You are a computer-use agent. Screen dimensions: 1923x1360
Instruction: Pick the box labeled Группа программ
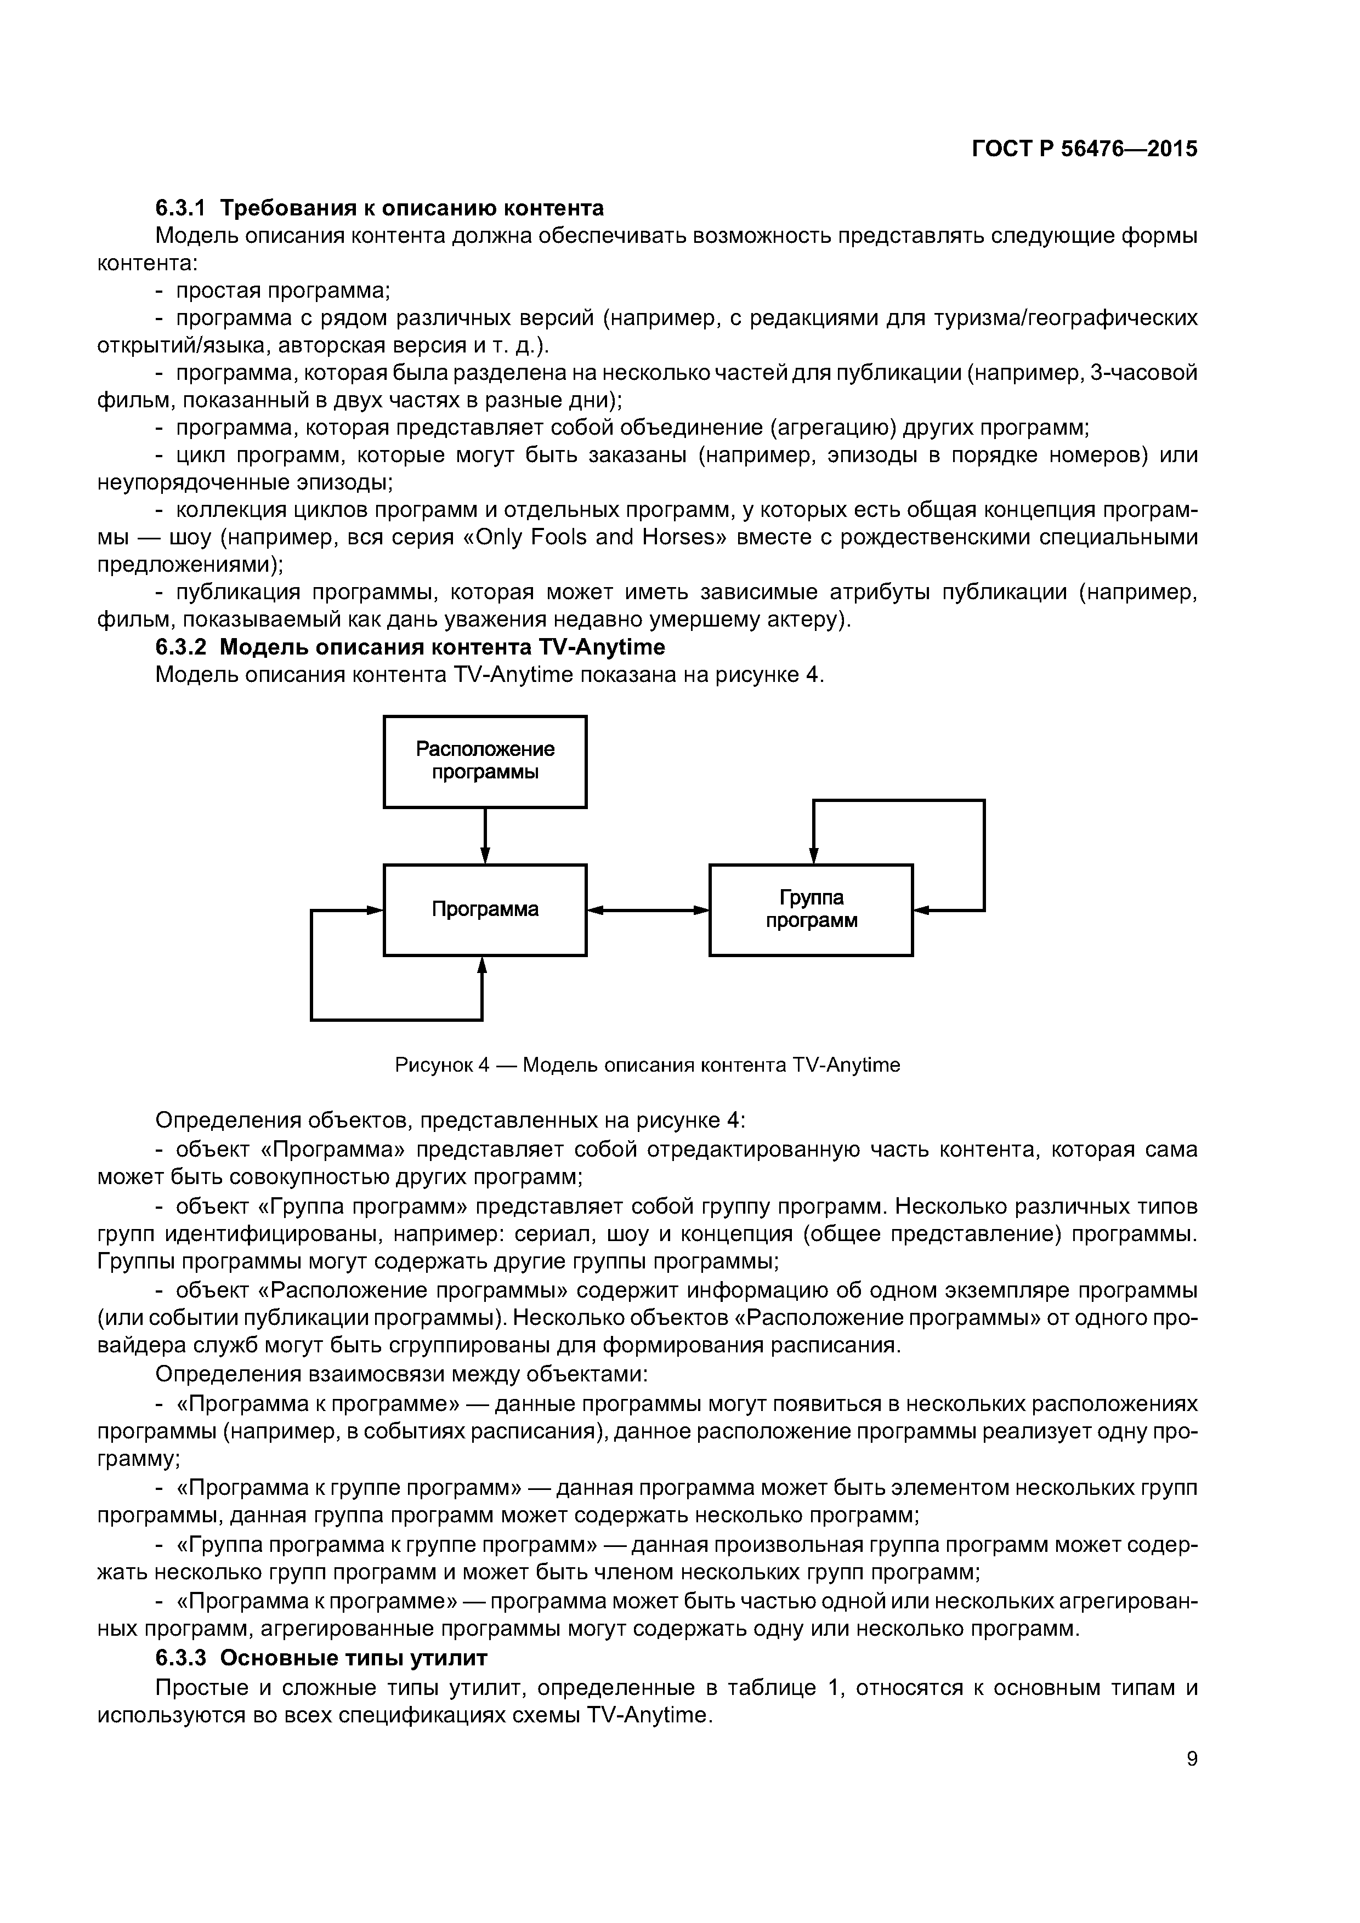coord(811,909)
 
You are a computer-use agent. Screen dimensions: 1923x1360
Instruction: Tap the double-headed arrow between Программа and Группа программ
coord(647,909)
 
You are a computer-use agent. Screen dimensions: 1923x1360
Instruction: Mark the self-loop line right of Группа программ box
coord(984,854)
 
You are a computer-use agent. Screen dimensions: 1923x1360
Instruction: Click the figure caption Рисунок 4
coord(647,1065)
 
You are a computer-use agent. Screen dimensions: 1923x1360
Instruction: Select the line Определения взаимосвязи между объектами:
coord(401,1374)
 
